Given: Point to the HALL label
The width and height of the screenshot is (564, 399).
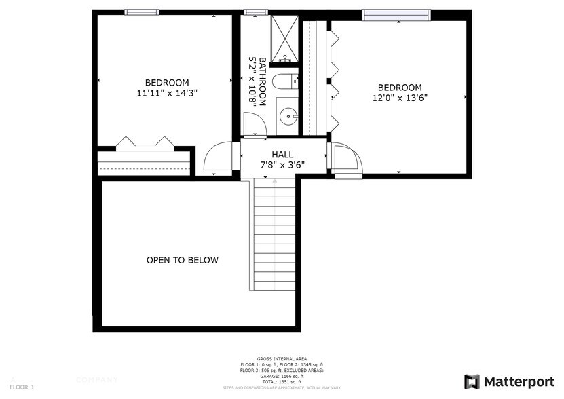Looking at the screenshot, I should pyautogui.click(x=283, y=155).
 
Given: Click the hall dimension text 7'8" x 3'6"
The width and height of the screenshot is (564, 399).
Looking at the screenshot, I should pyautogui.click(x=283, y=165).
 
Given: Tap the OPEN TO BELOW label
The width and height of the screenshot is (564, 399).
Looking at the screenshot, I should pyautogui.click(x=183, y=261).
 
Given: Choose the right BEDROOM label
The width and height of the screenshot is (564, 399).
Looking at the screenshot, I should pyautogui.click(x=400, y=88).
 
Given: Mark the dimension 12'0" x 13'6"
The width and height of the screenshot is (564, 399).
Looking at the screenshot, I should pyautogui.click(x=400, y=97).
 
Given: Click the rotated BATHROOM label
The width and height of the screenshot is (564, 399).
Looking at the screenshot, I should pyautogui.click(x=255, y=81).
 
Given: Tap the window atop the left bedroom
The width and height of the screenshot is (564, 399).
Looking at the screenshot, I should pyautogui.click(x=142, y=12).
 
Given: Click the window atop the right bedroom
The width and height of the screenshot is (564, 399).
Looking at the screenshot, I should pyautogui.click(x=396, y=15).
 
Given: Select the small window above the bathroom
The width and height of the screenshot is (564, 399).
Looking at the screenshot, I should pyautogui.click(x=255, y=12).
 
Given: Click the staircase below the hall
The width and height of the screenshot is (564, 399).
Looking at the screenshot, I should pyautogui.click(x=275, y=234).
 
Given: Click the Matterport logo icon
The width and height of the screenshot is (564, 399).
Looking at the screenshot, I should pyautogui.click(x=472, y=382).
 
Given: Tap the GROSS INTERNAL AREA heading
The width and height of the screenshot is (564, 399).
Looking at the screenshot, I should pyautogui.click(x=282, y=358).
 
